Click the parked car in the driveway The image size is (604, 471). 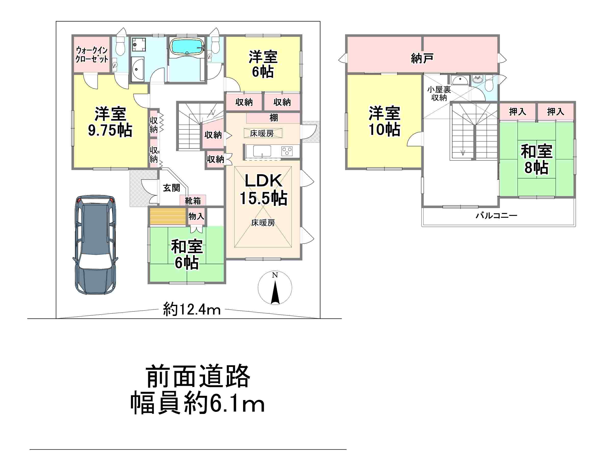click(x=95, y=245)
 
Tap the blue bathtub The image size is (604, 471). click(x=187, y=46)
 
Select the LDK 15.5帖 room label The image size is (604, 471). click(x=263, y=189)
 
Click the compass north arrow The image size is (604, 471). click(x=275, y=292)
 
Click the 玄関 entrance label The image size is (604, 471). click(x=171, y=188)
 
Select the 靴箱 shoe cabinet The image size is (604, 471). click(x=193, y=200)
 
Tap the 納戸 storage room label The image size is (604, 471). click(x=422, y=58)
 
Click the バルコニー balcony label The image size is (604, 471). click(x=496, y=215)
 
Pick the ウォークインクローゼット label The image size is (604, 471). click(x=92, y=55)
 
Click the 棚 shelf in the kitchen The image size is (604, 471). click(x=273, y=118)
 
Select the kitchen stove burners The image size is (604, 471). click(x=287, y=151)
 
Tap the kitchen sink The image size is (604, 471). click(x=262, y=151)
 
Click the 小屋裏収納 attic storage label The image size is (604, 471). click(x=439, y=94)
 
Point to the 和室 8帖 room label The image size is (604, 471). click(x=536, y=159)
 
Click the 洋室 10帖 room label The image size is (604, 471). click(x=384, y=121)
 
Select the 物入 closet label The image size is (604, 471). click(x=196, y=216)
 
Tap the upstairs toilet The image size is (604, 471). click(x=489, y=83)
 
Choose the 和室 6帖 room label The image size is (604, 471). click(x=187, y=254)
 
